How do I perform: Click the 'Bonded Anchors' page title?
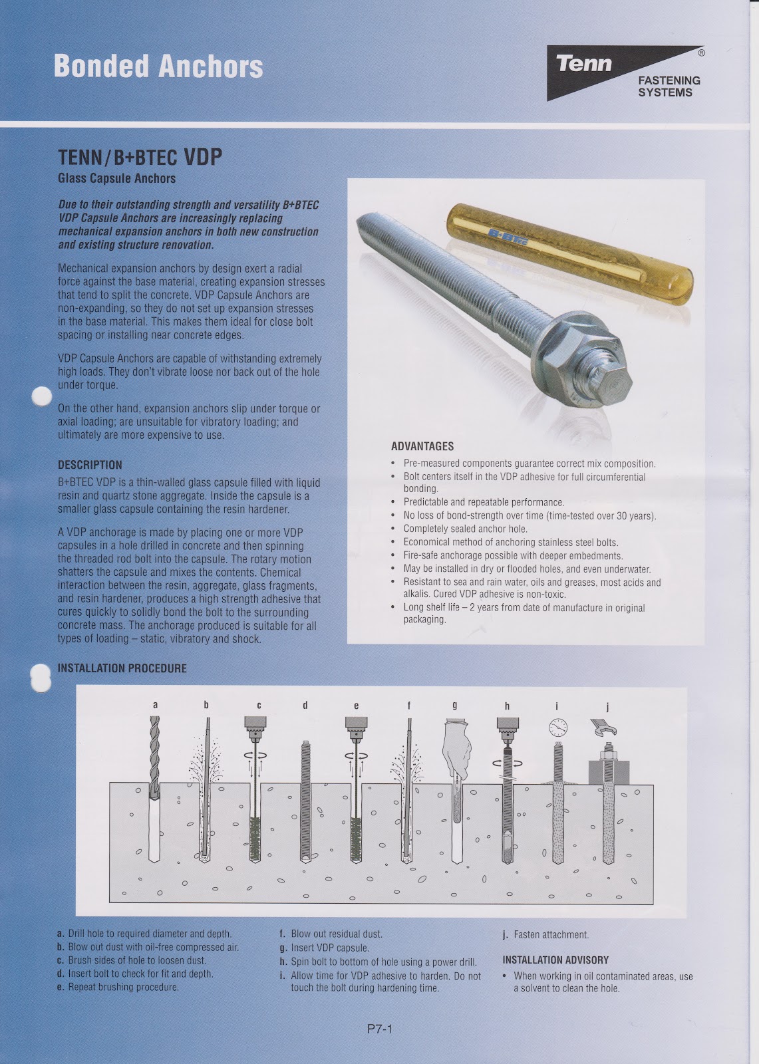(x=158, y=66)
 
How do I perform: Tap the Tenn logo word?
(x=583, y=64)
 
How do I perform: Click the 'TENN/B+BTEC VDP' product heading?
(x=140, y=157)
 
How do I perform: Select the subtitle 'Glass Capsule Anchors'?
(x=117, y=178)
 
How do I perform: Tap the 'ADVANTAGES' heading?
(x=422, y=446)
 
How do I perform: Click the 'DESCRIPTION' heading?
(x=90, y=465)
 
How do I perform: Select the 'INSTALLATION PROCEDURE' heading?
(x=122, y=668)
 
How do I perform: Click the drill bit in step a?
(x=156, y=751)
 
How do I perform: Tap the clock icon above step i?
(x=557, y=728)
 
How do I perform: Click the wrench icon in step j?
(x=604, y=730)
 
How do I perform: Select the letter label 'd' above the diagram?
(x=305, y=706)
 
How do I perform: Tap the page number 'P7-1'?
(x=380, y=1030)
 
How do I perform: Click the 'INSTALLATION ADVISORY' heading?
(x=555, y=960)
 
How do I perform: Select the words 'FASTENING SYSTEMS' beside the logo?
(x=669, y=86)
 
